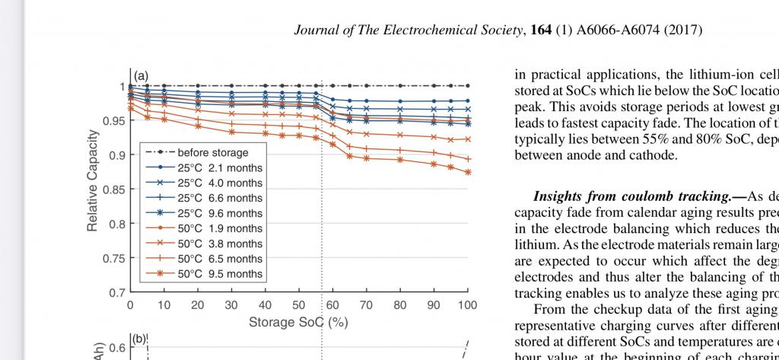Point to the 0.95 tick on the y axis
(115, 121)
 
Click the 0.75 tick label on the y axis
(115, 258)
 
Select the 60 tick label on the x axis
(332, 305)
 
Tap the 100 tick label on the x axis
(467, 305)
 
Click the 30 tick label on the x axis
(231, 305)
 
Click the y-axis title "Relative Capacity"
(92, 181)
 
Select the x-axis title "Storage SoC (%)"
(298, 322)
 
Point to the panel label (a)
(141, 76)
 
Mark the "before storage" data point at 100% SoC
(467, 86)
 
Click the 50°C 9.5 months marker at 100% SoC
(467, 172)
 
